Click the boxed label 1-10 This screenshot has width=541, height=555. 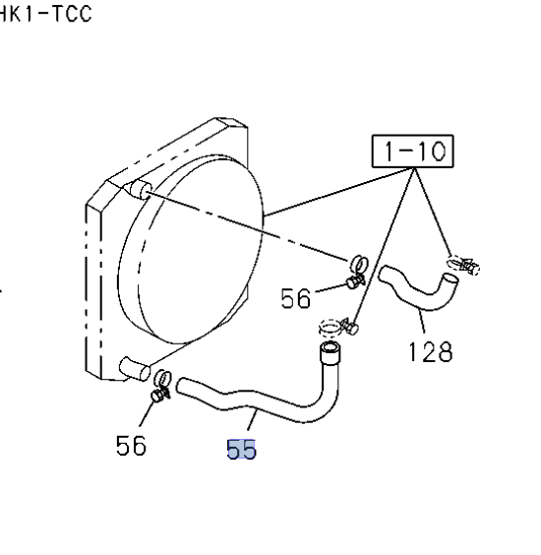[412, 151]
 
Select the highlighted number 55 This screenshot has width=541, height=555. [241, 450]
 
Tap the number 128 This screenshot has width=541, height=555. [430, 351]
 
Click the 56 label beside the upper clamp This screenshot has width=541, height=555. [296, 298]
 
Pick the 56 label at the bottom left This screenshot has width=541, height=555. [131, 445]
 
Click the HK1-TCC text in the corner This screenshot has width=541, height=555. [45, 14]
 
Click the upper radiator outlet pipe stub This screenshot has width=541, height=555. [141, 189]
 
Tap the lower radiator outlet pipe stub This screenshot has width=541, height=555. [135, 369]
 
